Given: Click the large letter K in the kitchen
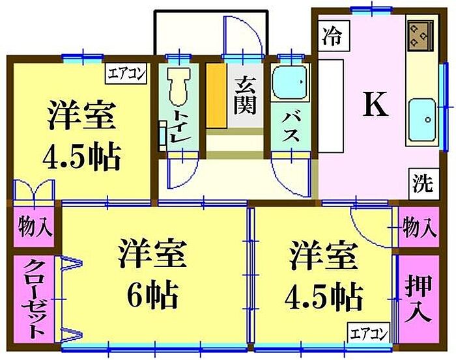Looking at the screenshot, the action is [375, 104].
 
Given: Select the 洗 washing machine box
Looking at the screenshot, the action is [422, 185].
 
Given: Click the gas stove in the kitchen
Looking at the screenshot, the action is [419, 36].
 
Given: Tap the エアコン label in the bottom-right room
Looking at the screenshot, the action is [370, 334].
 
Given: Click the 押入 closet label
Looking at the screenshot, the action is [417, 298].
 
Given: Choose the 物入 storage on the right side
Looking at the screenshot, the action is [418, 228].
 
